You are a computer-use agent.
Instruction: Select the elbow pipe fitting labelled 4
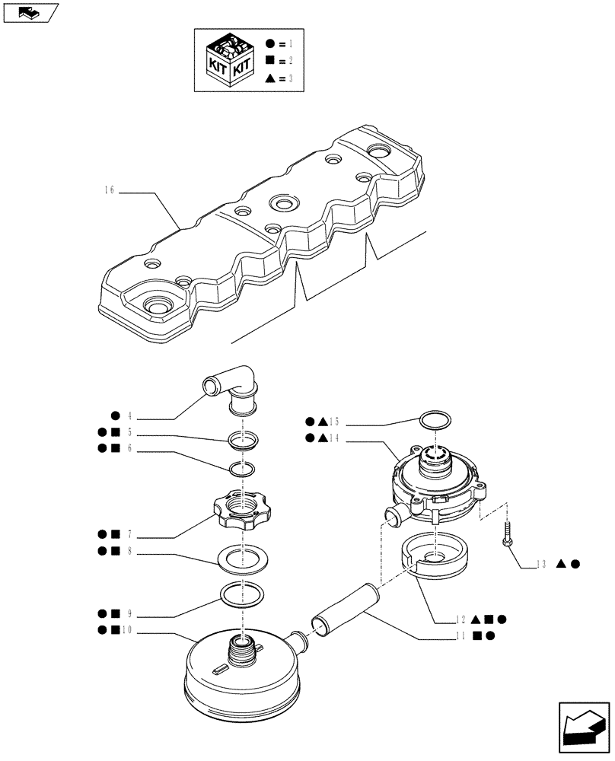tap(231, 388)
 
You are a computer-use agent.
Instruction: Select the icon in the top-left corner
tap(30, 11)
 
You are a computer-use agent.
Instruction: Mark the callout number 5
tap(130, 433)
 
